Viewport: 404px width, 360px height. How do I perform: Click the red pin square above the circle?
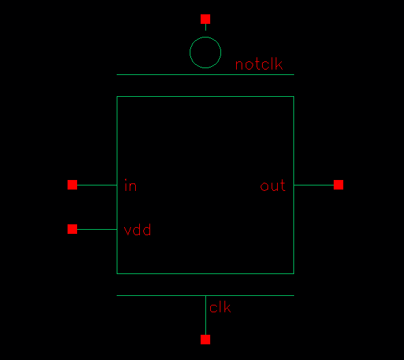pyautogui.click(x=205, y=19)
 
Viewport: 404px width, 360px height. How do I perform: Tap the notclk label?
pyautogui.click(x=259, y=64)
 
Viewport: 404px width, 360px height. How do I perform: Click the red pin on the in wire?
pyautogui.click(x=72, y=185)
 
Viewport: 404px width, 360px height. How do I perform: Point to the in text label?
pyautogui.click(x=130, y=185)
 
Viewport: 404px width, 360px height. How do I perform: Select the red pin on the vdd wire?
pyautogui.click(x=72, y=229)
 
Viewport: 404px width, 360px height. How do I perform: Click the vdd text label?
pyautogui.click(x=137, y=230)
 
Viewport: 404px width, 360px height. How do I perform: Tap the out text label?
pyautogui.click(x=273, y=185)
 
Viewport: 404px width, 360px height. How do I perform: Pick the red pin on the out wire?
pyautogui.click(x=338, y=185)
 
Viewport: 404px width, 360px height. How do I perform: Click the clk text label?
pyautogui.click(x=220, y=307)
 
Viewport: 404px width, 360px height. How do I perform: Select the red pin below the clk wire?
pyautogui.click(x=205, y=340)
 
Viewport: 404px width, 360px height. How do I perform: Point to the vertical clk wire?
pyautogui.click(x=205, y=315)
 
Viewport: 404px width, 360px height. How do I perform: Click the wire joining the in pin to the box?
pyautogui.click(x=97, y=185)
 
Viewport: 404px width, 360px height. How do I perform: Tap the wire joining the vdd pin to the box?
pyautogui.click(x=97, y=229)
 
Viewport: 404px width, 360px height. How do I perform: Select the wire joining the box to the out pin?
pyautogui.click(x=314, y=185)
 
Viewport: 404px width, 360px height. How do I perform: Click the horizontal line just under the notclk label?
pyautogui.click(x=205, y=75)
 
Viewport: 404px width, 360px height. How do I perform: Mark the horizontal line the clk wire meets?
pyautogui.click(x=205, y=296)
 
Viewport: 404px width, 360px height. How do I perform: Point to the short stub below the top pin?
pyautogui.click(x=205, y=27)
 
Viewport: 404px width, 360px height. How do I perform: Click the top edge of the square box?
pyautogui.click(x=205, y=97)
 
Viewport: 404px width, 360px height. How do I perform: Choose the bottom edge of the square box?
pyautogui.click(x=205, y=273)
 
